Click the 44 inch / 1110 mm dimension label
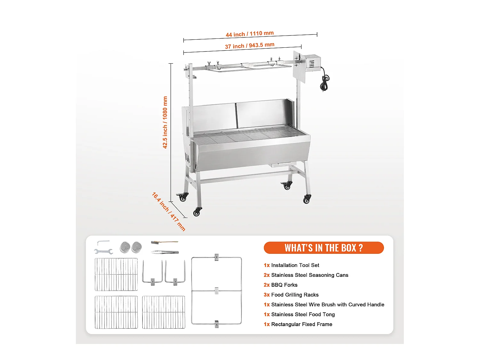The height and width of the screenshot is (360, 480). tap(250, 34)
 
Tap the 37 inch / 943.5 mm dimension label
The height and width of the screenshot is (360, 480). tap(250, 45)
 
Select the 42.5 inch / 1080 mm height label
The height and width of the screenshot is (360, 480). tap(165, 122)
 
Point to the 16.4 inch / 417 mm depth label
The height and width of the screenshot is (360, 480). tap(168, 211)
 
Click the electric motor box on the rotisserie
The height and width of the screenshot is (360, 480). tap(312, 62)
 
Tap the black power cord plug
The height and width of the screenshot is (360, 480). tap(324, 84)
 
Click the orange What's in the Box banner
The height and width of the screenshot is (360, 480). tap(324, 248)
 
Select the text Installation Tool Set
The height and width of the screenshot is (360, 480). tap(295, 265)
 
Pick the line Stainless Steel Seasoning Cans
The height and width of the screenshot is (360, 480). tap(309, 275)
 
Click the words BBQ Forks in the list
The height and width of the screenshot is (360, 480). tap(284, 285)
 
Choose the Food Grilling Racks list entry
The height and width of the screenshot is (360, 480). tap(295, 295)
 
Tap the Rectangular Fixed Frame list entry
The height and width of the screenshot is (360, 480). tap(301, 324)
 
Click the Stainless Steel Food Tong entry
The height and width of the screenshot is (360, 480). tap(303, 315)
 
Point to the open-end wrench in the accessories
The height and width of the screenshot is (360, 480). tap(104, 252)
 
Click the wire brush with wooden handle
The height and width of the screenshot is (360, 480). tap(164, 242)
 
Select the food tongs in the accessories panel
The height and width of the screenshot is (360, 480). tap(164, 252)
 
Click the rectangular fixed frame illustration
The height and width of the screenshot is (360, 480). tap(216, 291)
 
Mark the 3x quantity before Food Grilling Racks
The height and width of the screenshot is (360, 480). tap(267, 295)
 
